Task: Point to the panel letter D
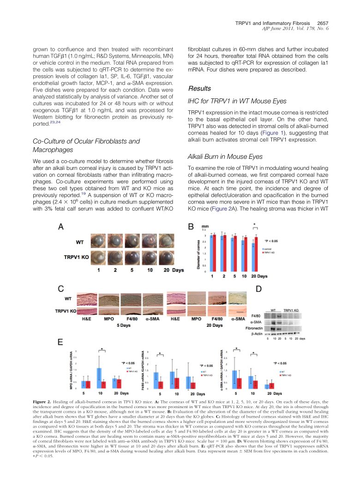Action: pos(258,289)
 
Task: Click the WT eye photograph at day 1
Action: pos(98,241)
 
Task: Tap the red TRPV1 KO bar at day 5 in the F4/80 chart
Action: pos(161,385)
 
